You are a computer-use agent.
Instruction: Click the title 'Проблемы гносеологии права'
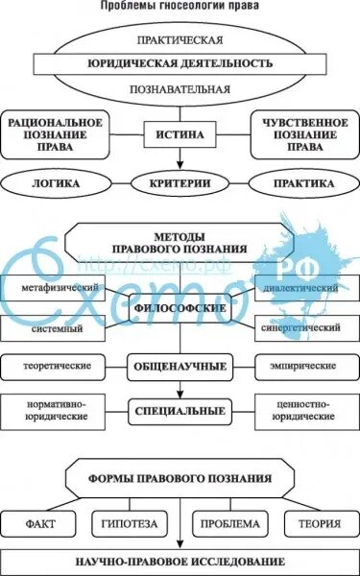pyautogui.click(x=180, y=6)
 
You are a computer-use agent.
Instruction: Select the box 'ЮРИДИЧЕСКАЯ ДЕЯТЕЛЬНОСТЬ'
pyautogui.click(x=180, y=65)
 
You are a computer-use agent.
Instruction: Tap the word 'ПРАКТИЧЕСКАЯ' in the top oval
pyautogui.click(x=180, y=40)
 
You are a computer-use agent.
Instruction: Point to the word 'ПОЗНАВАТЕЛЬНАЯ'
pyautogui.click(x=180, y=90)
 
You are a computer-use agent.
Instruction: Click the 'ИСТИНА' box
pyautogui.click(x=180, y=135)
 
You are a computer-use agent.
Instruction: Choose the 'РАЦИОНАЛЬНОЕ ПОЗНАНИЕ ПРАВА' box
pyautogui.click(x=55, y=135)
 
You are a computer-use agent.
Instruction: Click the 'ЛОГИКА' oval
pyautogui.click(x=55, y=181)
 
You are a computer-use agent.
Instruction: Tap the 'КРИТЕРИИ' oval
pyautogui.click(x=180, y=181)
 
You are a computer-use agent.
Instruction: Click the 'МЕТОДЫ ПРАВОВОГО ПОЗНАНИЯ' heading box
pyautogui.click(x=180, y=242)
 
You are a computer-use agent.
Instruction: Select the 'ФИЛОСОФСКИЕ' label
pyautogui.click(x=180, y=309)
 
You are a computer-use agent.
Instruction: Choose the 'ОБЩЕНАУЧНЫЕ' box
pyautogui.click(x=180, y=367)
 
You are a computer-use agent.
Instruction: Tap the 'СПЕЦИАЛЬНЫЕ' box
pyautogui.click(x=180, y=411)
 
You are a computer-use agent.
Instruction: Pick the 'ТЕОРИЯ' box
pyautogui.click(x=320, y=524)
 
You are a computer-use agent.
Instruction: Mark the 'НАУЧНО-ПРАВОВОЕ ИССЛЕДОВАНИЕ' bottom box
pyautogui.click(x=180, y=560)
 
